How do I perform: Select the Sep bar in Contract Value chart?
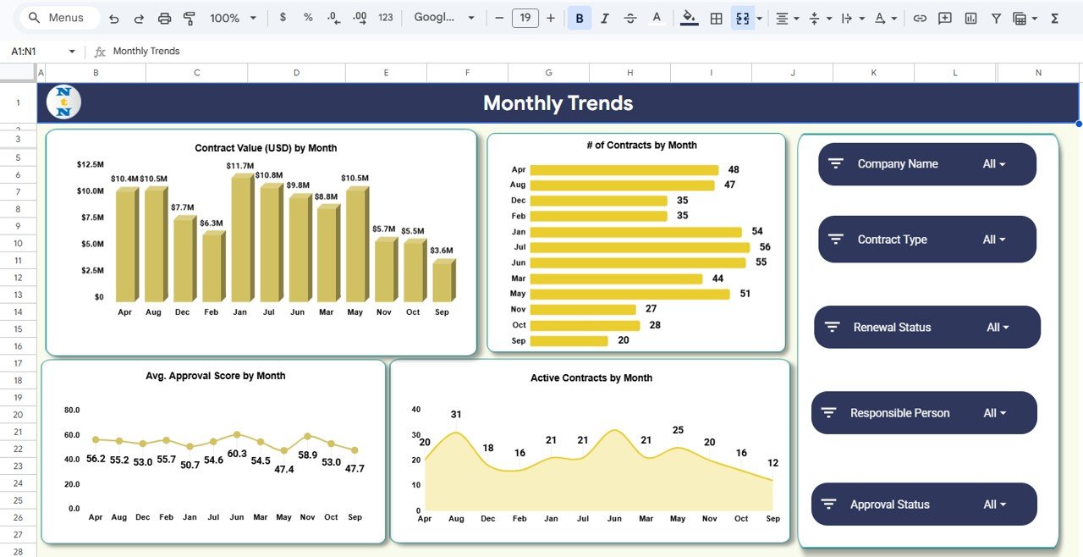point(443,281)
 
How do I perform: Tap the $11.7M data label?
point(240,166)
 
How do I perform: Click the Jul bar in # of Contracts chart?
point(639,247)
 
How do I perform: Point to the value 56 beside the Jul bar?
point(765,247)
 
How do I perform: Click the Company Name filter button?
point(926,164)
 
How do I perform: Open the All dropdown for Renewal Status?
point(998,328)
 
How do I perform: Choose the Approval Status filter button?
point(924,505)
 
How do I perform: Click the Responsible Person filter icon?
point(829,413)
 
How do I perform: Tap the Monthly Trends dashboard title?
point(558,103)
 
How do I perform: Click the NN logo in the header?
point(64,102)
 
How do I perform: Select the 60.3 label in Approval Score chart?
point(237,454)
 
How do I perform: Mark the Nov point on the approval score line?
point(307,437)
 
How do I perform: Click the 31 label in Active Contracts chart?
point(456,415)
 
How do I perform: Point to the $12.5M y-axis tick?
point(90,164)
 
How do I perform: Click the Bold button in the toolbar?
point(580,18)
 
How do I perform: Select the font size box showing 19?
point(525,18)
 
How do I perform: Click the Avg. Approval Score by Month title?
point(216,376)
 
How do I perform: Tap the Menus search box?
point(58,18)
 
